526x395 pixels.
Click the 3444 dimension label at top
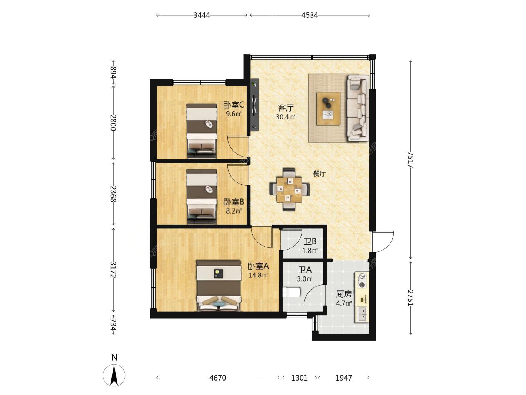202,15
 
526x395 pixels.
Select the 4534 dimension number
309,15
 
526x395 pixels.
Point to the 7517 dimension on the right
410,159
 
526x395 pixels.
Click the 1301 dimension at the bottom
299,378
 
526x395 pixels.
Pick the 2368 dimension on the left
113,194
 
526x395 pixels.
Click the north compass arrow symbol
114,375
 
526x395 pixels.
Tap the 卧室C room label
234,105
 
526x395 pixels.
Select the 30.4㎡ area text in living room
285,117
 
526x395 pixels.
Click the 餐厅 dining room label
320,174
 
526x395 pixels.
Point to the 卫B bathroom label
310,241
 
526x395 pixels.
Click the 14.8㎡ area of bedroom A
258,275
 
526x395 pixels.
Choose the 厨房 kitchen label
344,294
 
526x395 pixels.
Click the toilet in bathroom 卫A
291,292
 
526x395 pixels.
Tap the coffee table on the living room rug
328,109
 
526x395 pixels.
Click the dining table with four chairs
289,189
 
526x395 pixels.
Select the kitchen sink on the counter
362,315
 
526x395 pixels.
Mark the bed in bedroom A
219,286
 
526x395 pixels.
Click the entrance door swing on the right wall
383,241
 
